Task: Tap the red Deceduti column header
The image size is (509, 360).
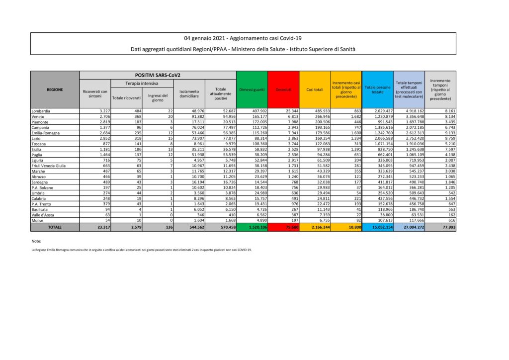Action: point(283,90)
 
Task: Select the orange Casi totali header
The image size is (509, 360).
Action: point(315,90)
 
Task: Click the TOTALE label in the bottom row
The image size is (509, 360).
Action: point(55,227)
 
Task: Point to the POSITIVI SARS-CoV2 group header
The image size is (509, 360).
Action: point(157,75)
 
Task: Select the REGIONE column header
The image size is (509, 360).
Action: point(55,90)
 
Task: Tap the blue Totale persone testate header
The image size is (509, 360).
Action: point(378,90)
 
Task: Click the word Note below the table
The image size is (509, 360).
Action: point(36,241)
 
